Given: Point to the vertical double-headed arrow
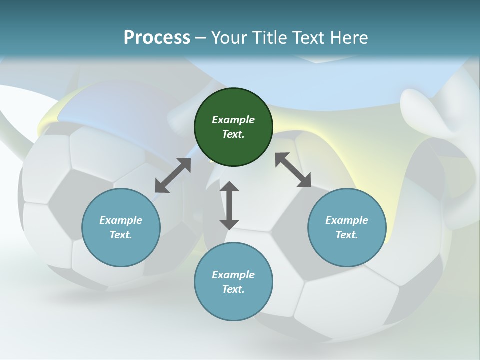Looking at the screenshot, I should pyautogui.click(x=229, y=205).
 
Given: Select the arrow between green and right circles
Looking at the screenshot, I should pyautogui.click(x=293, y=170).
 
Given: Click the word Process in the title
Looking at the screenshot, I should pyautogui.click(x=157, y=37).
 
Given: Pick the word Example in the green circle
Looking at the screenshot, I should pyautogui.click(x=233, y=120).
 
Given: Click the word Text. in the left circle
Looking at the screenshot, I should pyautogui.click(x=121, y=235).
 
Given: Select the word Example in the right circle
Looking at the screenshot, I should pyautogui.click(x=347, y=220).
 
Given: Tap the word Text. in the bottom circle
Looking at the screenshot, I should pyautogui.click(x=233, y=289).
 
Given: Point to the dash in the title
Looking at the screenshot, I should pyautogui.click(x=201, y=38).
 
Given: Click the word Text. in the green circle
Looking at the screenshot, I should pyautogui.click(x=233, y=134).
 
